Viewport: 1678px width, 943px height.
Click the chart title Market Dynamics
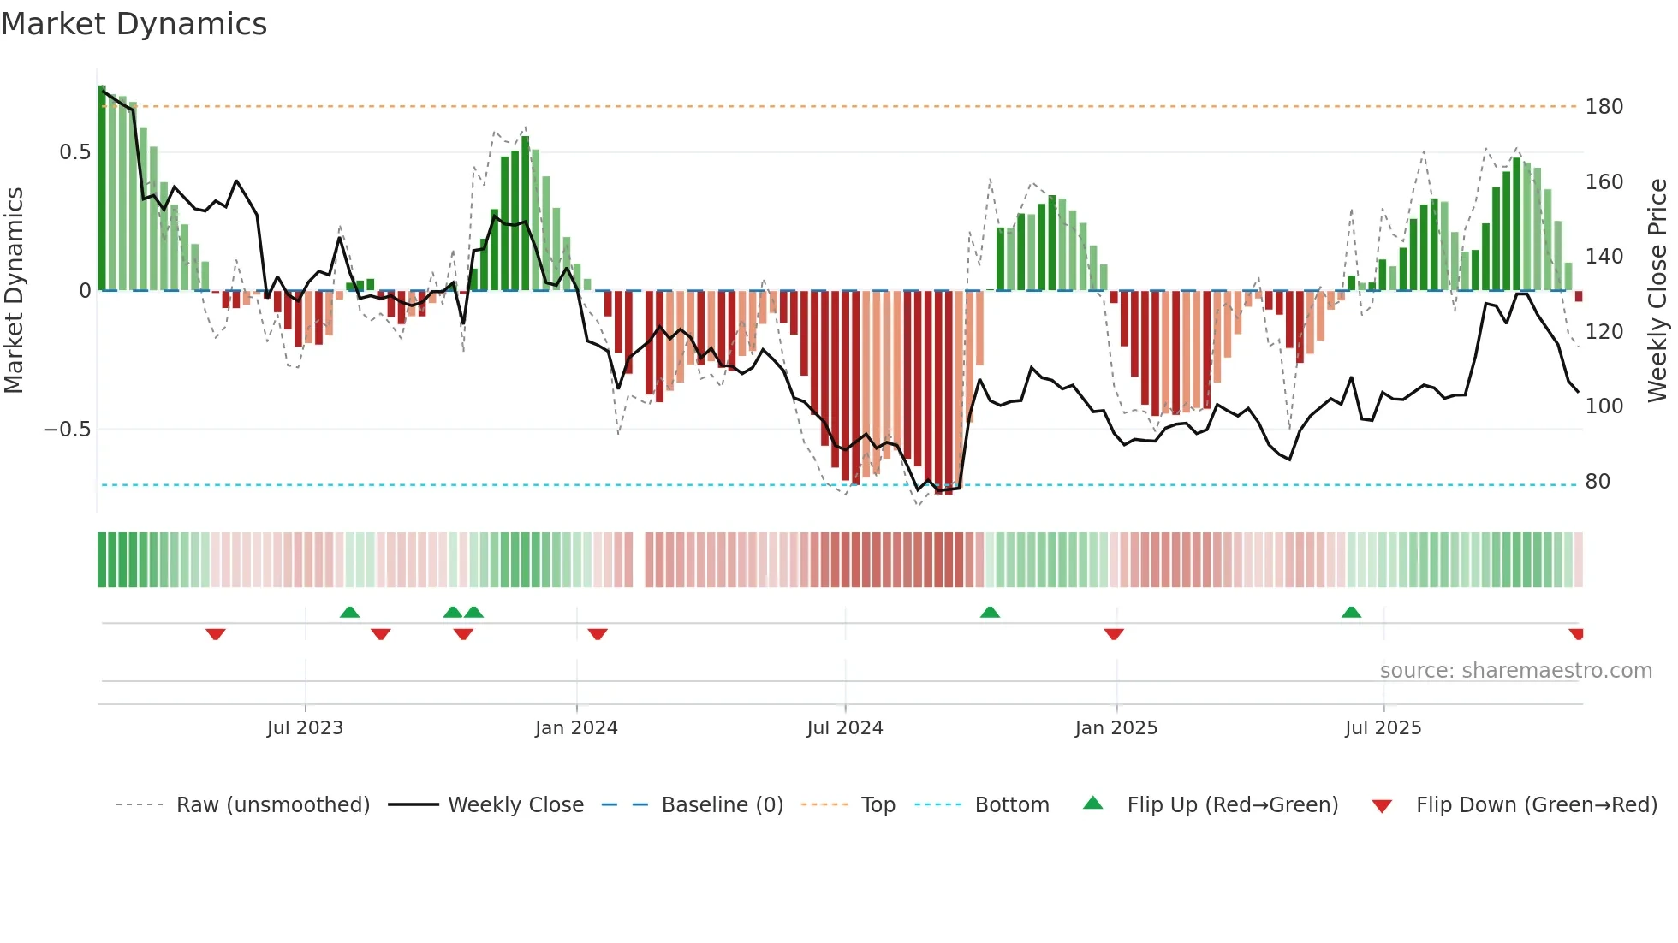tap(134, 24)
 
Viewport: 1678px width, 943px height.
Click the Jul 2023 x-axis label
tap(305, 728)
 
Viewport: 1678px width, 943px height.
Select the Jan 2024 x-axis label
tap(576, 728)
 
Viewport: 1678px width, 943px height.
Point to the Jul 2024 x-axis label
tap(845, 728)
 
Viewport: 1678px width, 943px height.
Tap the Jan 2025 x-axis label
tap(1116, 728)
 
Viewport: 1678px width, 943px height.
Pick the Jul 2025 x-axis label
tap(1383, 728)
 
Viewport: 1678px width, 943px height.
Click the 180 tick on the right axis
tap(1604, 107)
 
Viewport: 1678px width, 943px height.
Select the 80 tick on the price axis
tap(1598, 482)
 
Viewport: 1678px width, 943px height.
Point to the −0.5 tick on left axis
tap(68, 430)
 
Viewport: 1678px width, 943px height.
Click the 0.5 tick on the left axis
tap(74, 152)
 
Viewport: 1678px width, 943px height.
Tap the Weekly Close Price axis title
tap(1657, 290)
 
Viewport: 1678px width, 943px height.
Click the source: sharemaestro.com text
tap(1515, 671)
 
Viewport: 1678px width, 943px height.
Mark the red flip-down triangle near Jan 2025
tap(1114, 634)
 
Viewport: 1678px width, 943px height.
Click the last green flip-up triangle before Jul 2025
tap(1351, 612)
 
